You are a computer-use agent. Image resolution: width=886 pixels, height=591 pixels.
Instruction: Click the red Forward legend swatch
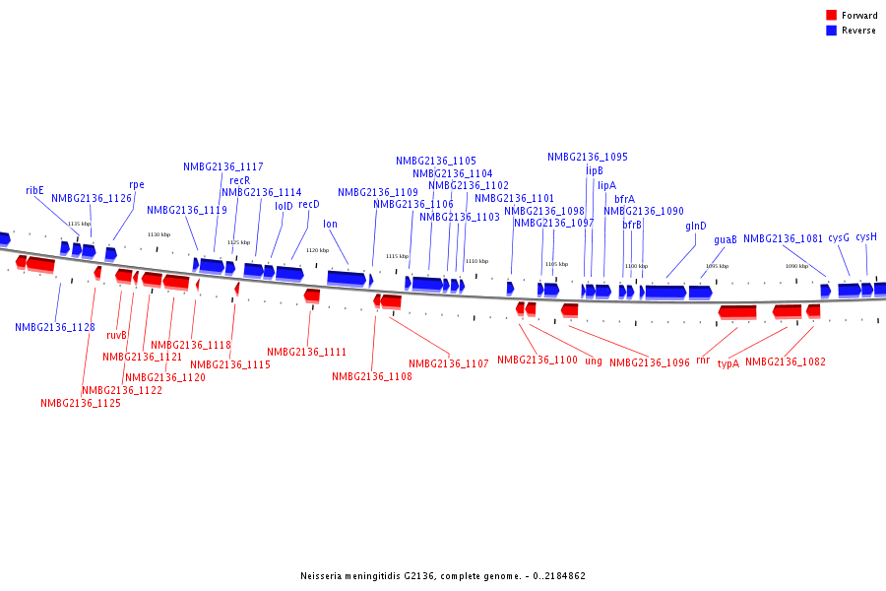click(831, 15)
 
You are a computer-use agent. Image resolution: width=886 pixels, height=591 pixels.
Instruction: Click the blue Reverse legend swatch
click(831, 31)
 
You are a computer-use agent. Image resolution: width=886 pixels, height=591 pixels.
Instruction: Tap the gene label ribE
click(34, 190)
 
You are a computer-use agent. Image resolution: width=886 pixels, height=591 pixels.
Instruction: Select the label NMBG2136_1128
click(55, 327)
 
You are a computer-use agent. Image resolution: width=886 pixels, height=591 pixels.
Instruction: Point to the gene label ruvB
click(117, 335)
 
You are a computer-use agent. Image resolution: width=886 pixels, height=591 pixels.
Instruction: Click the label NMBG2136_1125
click(81, 403)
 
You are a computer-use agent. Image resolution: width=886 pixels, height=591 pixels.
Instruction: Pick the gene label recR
click(240, 180)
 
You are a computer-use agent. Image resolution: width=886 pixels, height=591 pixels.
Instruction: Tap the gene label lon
click(330, 225)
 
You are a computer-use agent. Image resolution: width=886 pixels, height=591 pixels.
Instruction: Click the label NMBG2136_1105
click(436, 161)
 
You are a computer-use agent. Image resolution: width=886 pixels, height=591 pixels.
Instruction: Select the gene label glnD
click(696, 227)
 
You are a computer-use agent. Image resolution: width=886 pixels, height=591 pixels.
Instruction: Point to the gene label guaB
click(726, 239)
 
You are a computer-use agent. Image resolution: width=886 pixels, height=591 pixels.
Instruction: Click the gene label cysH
click(866, 237)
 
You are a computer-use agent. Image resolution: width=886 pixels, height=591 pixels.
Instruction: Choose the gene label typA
click(728, 363)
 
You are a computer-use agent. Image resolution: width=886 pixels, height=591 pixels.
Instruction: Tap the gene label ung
click(594, 361)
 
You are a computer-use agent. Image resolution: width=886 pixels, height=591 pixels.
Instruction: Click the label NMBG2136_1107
click(449, 364)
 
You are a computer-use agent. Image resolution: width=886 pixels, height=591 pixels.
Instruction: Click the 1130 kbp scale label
click(158, 234)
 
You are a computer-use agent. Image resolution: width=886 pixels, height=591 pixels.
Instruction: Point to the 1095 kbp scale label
click(717, 266)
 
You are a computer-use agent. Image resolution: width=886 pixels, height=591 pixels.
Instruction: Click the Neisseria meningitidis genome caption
click(443, 576)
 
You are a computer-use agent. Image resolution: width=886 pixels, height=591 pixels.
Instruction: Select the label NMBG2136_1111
click(306, 352)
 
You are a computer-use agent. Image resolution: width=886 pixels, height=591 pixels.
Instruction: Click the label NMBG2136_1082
click(786, 362)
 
